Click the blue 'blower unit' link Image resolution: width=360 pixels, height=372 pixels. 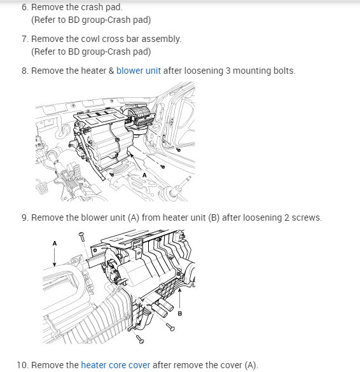139,71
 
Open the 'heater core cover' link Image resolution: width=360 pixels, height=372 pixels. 116,365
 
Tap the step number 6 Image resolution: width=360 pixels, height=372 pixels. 25,7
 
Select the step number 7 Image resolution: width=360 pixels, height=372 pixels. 25,39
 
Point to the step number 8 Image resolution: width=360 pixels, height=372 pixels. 25,71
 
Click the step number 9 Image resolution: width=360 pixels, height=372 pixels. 25,217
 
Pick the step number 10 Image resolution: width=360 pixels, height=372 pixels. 22,365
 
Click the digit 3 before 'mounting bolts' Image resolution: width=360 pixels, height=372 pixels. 228,71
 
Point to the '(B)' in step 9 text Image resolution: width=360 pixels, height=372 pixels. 214,217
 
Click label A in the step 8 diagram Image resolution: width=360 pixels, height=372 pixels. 144,176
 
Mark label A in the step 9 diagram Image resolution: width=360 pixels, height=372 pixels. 55,244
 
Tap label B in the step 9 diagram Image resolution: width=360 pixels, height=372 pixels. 180,313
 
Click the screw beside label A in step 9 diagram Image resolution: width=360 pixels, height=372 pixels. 81,237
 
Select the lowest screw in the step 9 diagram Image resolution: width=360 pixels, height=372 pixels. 139,340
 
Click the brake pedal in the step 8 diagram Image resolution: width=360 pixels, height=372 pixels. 42,188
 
